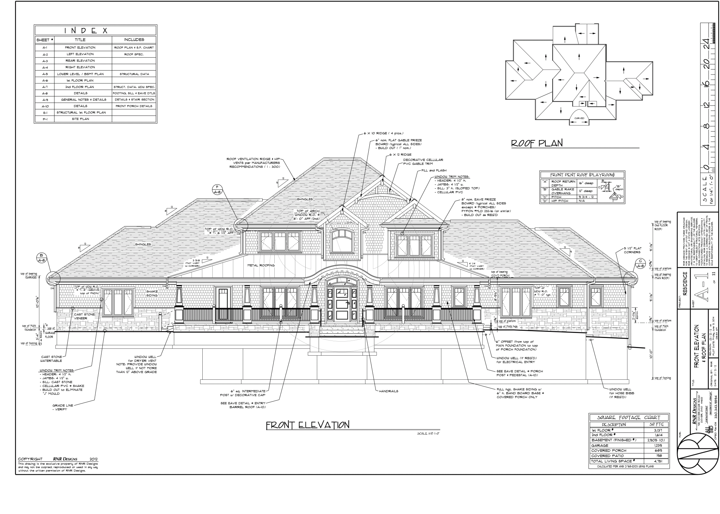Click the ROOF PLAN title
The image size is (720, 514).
point(537,143)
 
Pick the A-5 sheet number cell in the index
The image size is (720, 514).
point(45,74)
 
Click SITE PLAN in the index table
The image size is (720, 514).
point(80,119)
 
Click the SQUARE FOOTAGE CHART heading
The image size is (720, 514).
point(629,418)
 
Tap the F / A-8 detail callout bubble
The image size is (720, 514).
point(217,189)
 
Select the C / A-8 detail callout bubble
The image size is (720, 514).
point(640,263)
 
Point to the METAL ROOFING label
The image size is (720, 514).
point(261,265)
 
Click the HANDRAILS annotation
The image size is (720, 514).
point(388,391)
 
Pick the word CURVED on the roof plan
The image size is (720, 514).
point(579,118)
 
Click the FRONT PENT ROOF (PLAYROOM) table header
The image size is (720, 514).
point(582,175)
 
